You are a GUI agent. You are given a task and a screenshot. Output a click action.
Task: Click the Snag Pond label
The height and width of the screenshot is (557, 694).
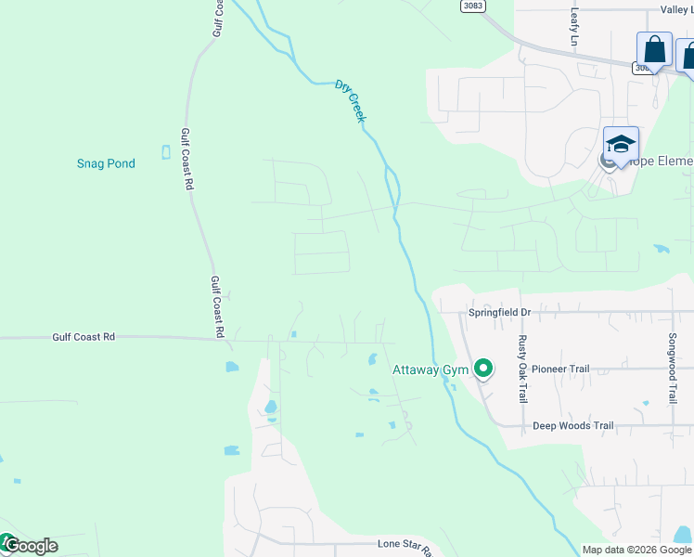coord(106,163)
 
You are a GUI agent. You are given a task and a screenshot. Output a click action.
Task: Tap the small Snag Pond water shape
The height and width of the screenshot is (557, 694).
coord(166,152)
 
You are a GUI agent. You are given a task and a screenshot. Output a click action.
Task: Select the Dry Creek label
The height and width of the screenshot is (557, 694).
coord(351,101)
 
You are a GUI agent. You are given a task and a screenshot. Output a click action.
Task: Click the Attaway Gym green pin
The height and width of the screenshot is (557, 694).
coord(482,369)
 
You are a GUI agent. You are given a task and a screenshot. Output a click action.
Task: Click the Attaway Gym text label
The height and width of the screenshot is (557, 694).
coord(431,369)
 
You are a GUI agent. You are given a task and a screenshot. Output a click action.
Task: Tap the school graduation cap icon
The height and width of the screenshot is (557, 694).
coord(621,144)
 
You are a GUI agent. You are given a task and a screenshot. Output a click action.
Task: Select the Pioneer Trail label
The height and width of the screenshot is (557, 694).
coord(559,369)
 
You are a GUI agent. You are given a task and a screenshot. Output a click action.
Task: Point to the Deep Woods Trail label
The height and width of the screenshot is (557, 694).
coord(572,426)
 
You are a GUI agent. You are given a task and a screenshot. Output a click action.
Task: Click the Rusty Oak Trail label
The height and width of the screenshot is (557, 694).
coord(522,369)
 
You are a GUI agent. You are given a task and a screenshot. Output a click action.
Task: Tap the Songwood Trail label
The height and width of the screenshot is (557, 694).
coord(674,369)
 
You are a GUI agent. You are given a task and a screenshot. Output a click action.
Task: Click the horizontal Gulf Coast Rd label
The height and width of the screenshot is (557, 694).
coord(84,337)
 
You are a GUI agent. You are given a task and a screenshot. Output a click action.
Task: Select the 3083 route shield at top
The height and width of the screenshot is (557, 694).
coord(472,6)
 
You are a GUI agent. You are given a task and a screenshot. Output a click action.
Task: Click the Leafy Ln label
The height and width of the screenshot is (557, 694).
coord(574,28)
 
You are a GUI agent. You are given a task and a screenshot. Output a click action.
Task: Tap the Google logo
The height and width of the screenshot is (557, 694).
coord(30,546)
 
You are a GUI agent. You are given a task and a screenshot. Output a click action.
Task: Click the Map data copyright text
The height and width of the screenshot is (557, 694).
coord(636,550)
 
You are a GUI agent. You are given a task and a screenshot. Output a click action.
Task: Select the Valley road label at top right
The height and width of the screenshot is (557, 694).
coord(676,9)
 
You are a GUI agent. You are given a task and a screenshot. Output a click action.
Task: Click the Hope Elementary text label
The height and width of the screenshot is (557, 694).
coord(661,162)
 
